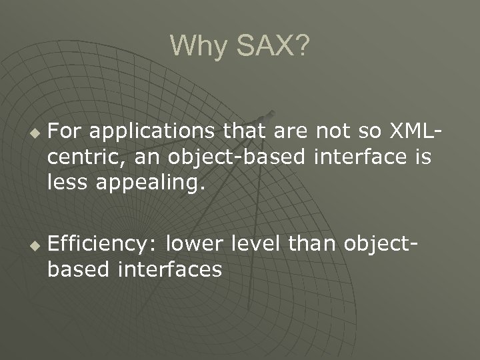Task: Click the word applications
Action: pyautogui.click(x=137, y=133)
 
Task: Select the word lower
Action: pyautogui.click(x=194, y=246)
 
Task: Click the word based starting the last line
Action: pyautogui.click(x=75, y=269)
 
